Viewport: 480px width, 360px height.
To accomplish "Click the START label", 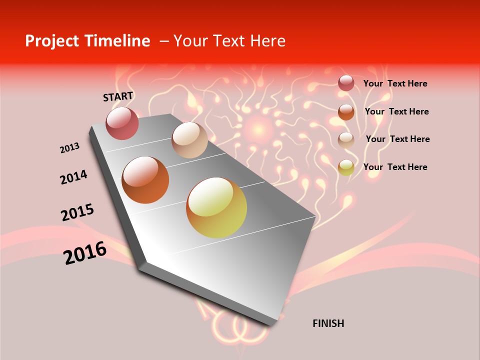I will pos(118,96).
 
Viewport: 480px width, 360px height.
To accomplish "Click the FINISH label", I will pos(328,323).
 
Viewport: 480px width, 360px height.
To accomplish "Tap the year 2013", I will pos(69,147).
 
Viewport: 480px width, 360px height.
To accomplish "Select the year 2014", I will pos(73,177).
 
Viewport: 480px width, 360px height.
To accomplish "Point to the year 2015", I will pos(77,212).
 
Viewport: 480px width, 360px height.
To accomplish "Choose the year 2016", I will pos(85,252).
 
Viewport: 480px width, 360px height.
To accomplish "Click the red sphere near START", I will pos(122,123).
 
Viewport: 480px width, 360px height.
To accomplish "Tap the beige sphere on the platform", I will pos(189,140).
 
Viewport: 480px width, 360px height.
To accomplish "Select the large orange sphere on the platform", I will pos(145,180).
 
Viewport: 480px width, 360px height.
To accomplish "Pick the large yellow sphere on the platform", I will pos(216,207).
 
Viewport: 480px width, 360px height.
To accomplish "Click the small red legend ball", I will pos(346,83).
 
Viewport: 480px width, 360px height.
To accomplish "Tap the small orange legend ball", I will pos(346,111).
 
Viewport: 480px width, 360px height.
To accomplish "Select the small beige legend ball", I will pos(346,139).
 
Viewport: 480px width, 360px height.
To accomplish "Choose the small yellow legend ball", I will pos(346,167).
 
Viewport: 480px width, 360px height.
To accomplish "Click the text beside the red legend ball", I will pos(395,83).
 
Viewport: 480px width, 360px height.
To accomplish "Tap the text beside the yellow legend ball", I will pos(395,167).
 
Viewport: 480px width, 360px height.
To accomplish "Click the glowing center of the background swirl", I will pos(258,129).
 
